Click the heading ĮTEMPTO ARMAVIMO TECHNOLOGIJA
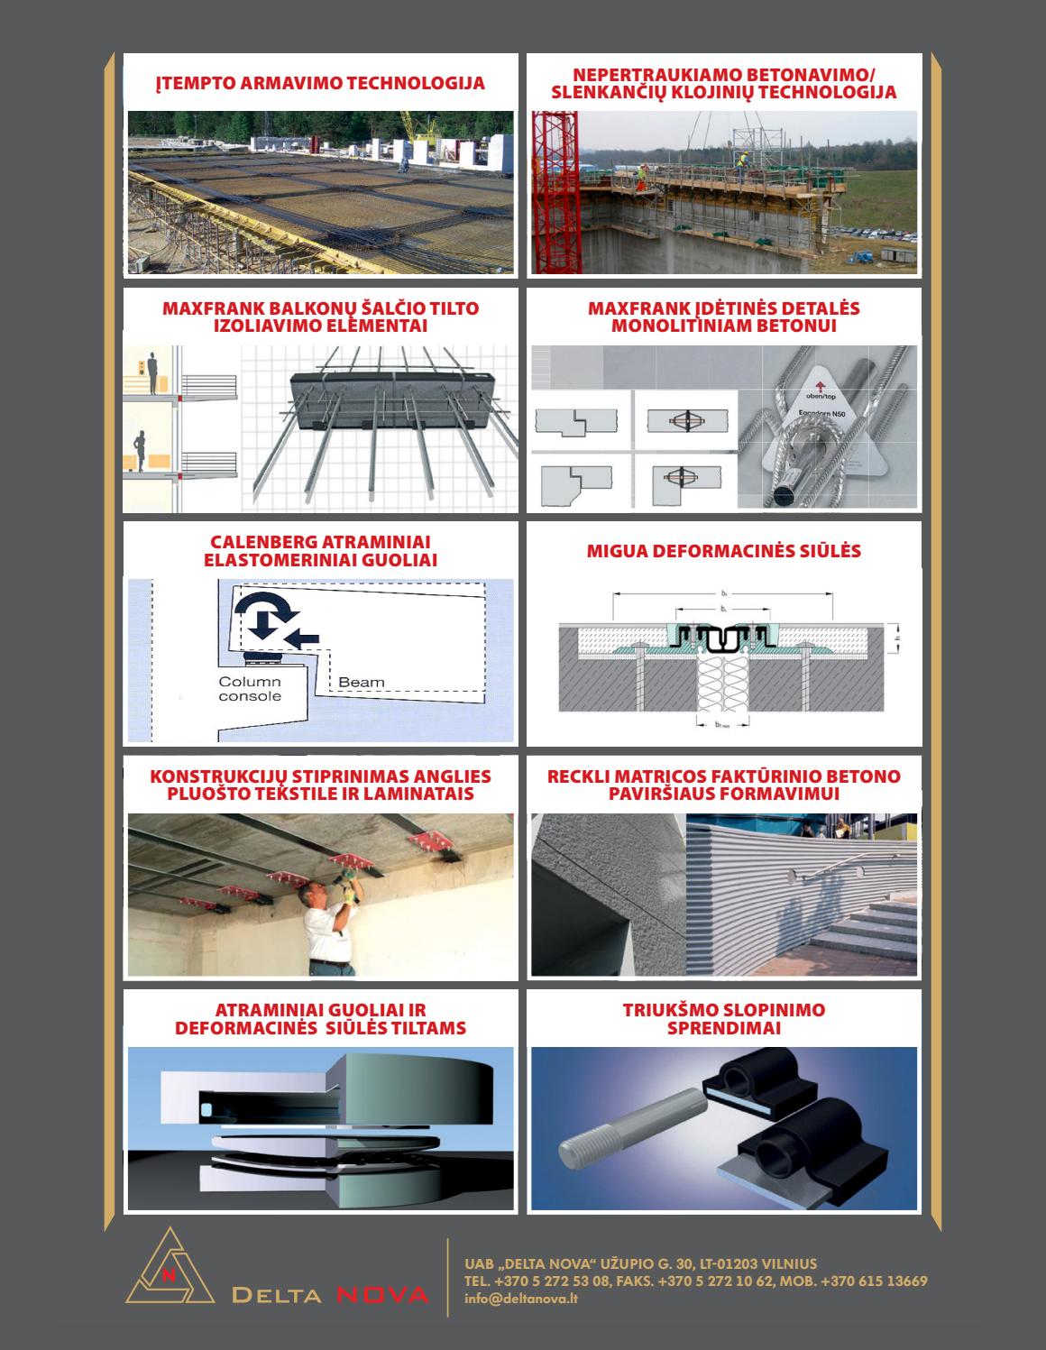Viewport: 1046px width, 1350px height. click(x=320, y=84)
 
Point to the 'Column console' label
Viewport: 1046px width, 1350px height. click(x=250, y=689)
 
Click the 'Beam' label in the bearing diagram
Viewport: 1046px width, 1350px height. click(x=361, y=683)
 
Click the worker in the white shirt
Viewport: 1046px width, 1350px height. click(x=329, y=929)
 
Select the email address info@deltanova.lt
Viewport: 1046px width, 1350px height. click(x=521, y=1299)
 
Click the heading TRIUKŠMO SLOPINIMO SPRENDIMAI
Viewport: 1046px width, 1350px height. click(x=723, y=1019)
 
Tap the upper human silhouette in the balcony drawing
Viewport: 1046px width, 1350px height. click(x=152, y=368)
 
